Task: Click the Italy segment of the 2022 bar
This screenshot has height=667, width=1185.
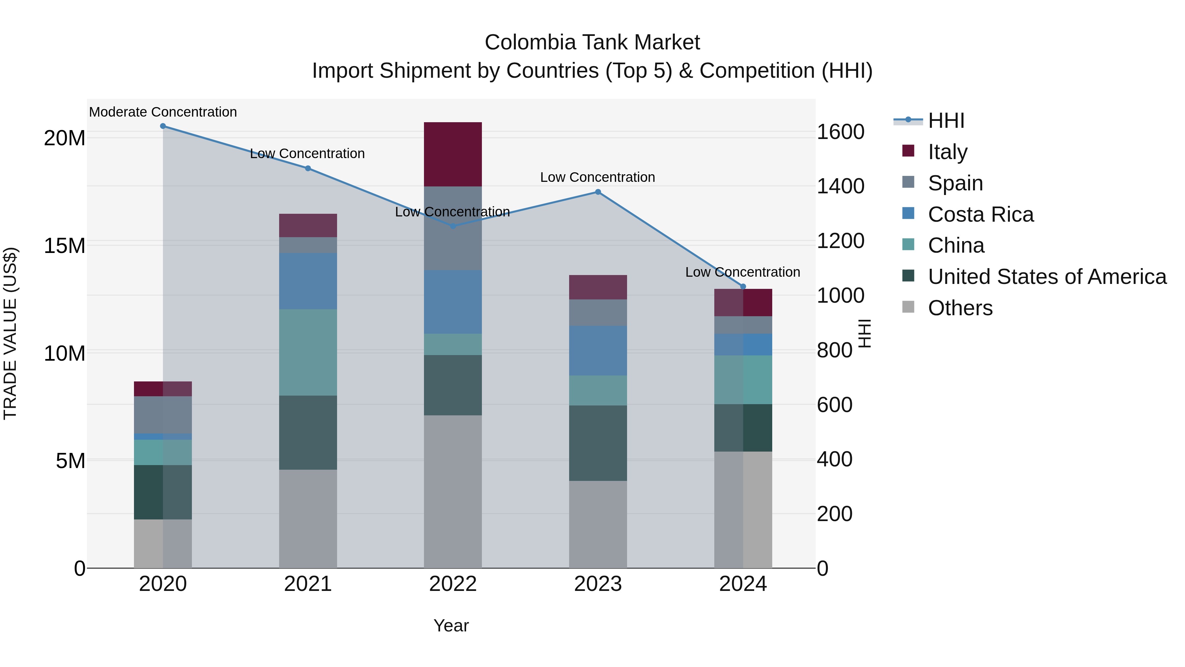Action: (x=453, y=154)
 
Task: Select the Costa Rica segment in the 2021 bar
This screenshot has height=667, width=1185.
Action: (x=308, y=281)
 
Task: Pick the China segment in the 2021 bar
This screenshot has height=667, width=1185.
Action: (x=308, y=352)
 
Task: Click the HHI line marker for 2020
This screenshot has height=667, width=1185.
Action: (x=163, y=126)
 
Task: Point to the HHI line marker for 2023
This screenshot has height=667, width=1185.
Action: (x=597, y=192)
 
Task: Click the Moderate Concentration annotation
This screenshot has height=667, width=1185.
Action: (x=163, y=112)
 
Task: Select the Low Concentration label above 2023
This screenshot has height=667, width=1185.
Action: (x=597, y=177)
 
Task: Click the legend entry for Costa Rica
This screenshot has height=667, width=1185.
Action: (x=980, y=214)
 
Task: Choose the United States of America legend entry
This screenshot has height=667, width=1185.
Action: (x=1046, y=277)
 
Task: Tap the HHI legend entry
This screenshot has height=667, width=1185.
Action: (x=945, y=121)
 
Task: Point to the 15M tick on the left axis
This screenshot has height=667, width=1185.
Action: (x=65, y=246)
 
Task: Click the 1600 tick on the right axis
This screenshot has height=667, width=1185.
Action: (x=840, y=132)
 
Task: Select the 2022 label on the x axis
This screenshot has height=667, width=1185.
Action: (x=453, y=584)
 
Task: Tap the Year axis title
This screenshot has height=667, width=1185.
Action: (x=451, y=625)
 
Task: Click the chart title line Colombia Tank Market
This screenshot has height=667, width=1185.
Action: (x=592, y=42)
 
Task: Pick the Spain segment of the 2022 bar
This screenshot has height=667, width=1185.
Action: (x=453, y=228)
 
